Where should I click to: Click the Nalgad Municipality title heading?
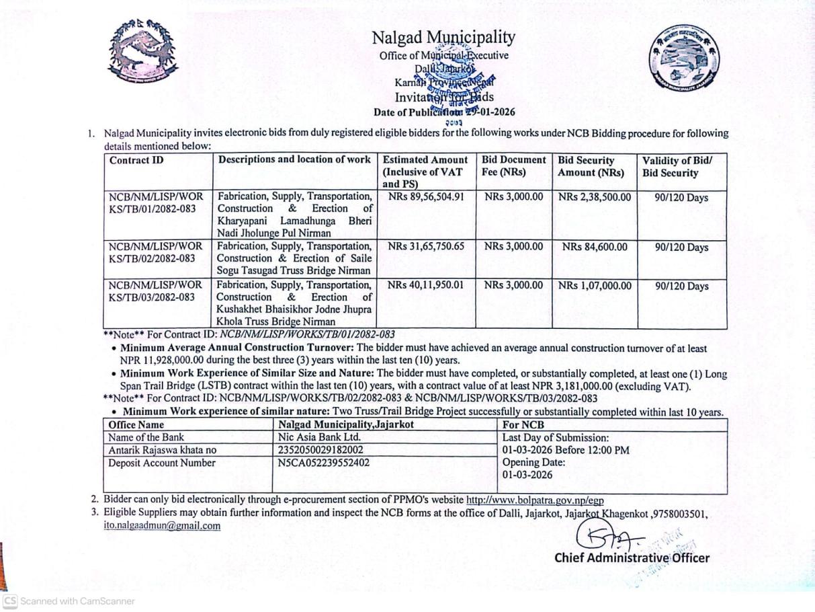[443, 38]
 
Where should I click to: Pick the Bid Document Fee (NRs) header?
[514, 166]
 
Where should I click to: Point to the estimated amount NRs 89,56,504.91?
[426, 197]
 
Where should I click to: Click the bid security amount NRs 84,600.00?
[595, 247]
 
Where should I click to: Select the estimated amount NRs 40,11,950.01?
[426, 285]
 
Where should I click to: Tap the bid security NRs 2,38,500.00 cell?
[595, 197]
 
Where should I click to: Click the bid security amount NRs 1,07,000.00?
[595, 285]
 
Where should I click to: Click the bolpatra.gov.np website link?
[535, 500]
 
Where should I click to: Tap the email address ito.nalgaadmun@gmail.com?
[162, 526]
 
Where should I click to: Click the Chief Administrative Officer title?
[632, 558]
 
